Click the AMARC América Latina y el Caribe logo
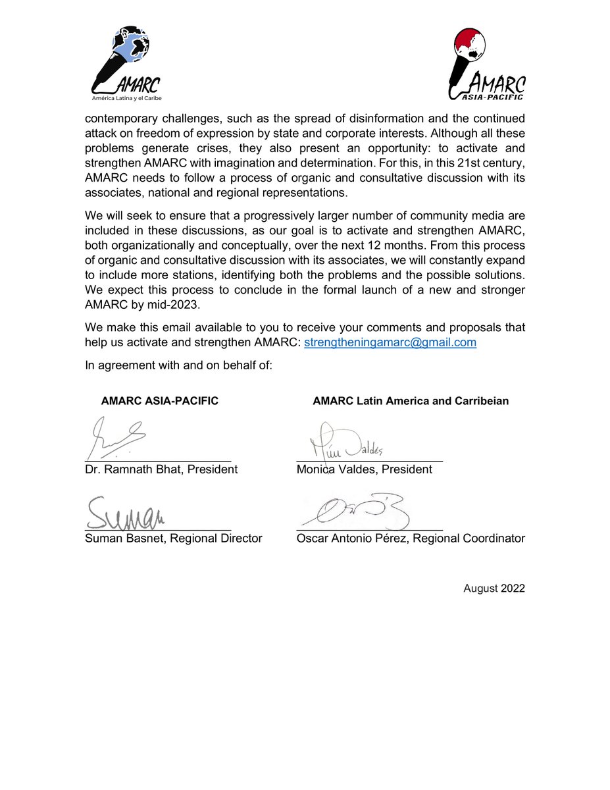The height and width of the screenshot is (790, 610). pos(127,65)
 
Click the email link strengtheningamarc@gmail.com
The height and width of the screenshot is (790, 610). pos(390,342)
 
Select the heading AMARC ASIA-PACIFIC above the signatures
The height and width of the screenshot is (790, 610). pos(160,400)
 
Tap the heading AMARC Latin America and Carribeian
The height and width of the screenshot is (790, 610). pos(411,400)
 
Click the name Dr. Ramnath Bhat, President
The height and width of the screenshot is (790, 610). pos(161,469)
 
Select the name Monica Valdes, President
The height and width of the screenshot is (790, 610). pos(364,469)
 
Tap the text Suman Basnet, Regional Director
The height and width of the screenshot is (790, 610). pos(174,538)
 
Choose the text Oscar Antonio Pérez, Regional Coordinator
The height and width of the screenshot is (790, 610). pos(411,538)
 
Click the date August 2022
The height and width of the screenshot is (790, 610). pos(494,588)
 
